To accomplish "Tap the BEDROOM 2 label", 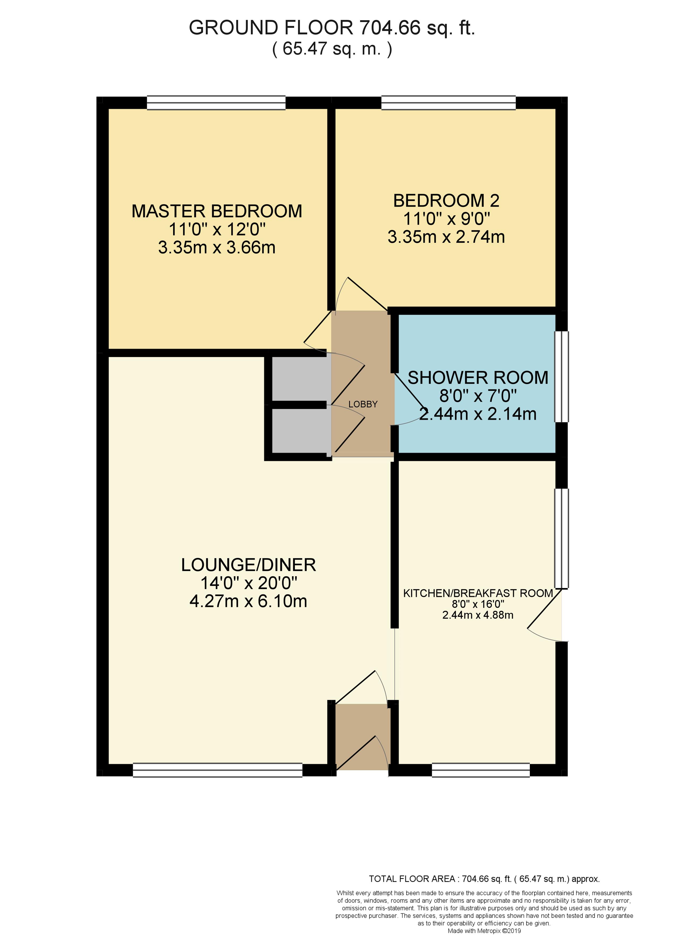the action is coord(446,201).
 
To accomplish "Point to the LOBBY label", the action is coord(363,404).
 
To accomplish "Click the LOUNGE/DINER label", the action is coord(248,565).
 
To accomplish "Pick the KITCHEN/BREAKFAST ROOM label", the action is coord(478,593).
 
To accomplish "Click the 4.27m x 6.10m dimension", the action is coord(248,601).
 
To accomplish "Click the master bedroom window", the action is coord(216,103).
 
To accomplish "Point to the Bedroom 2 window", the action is coord(449,103).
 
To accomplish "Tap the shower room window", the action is coord(561,377).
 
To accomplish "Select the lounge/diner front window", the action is coord(217,770).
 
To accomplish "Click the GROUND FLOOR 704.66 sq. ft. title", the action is coord(332,28).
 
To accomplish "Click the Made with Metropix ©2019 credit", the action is coord(484,931).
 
